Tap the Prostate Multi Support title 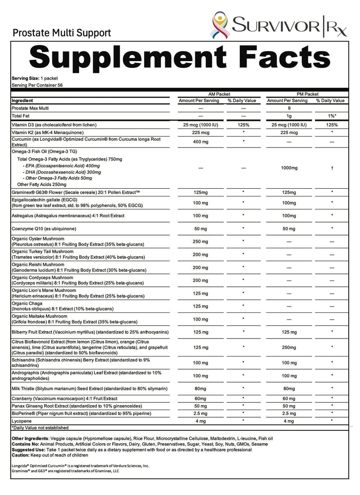click(62, 33)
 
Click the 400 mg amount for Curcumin click(199, 143)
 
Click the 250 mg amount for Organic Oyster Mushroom click(199, 241)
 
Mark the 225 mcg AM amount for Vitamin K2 click(199, 133)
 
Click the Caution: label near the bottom click(21, 456)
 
